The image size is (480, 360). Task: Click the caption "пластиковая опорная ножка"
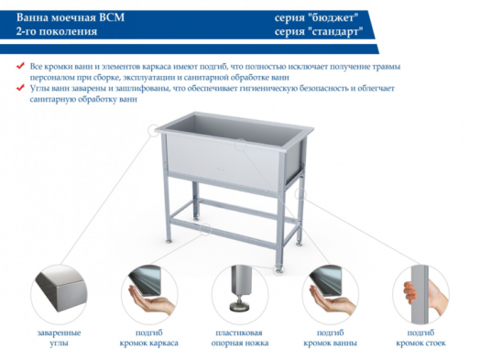(240, 336)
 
